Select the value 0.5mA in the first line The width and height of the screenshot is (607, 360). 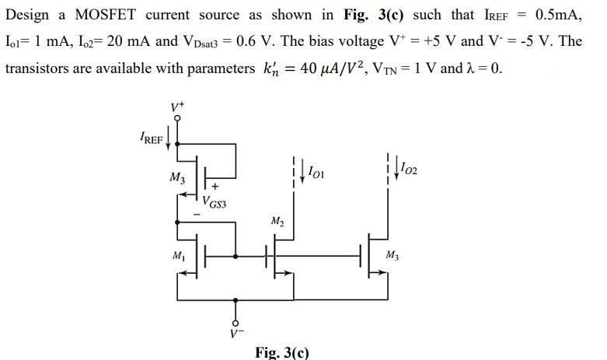[x=556, y=16]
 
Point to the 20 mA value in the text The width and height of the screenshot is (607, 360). [x=121, y=41]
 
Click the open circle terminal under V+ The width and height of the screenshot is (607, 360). [x=178, y=119]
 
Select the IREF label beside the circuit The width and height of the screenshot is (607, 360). [x=151, y=140]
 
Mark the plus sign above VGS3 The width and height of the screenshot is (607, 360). [x=215, y=187]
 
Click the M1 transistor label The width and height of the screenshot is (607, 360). [x=179, y=256]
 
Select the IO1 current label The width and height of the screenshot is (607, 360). [x=316, y=171]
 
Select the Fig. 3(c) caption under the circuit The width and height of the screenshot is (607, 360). [x=282, y=352]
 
